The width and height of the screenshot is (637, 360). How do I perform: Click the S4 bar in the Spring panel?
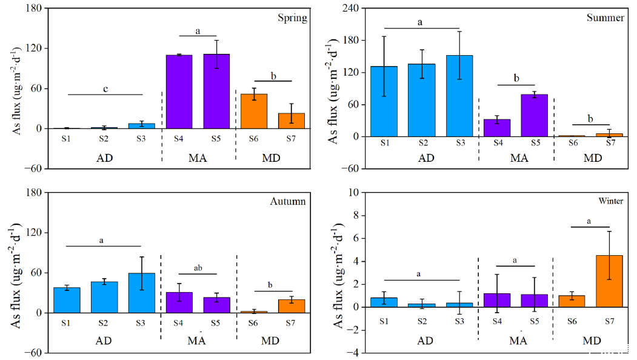point(179,92)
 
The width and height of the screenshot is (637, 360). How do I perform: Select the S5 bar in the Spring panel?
point(216,91)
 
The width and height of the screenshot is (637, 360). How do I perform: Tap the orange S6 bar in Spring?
point(253,111)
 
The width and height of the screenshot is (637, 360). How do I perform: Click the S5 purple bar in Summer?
point(534,115)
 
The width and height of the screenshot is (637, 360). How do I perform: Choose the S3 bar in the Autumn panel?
point(141,293)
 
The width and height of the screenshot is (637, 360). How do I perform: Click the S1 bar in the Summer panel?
point(384,101)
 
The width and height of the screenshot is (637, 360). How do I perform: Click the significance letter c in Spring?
point(105,89)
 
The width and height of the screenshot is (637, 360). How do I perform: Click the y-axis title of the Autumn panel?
point(14,273)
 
